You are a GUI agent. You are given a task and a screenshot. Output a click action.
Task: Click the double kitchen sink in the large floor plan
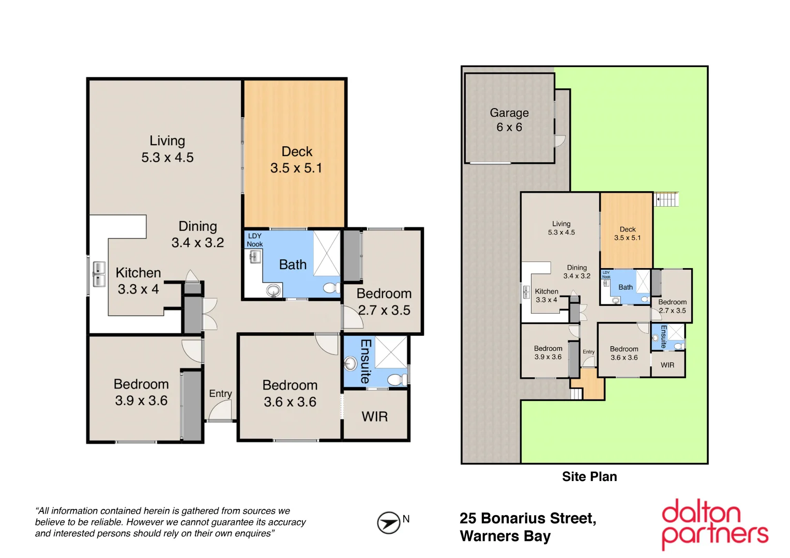(x=99, y=274)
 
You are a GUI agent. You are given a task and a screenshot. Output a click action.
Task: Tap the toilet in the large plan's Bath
(x=330, y=287)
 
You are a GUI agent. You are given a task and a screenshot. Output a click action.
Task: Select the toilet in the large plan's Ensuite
(x=397, y=380)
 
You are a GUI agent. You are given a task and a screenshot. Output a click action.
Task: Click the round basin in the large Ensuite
(x=351, y=364)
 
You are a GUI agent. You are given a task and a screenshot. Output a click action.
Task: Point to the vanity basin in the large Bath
(x=274, y=291)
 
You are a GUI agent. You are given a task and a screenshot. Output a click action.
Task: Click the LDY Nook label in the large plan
(x=254, y=240)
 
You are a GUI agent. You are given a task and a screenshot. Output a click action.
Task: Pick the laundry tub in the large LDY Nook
(x=254, y=256)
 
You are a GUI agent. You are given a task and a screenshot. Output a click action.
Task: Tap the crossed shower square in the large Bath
(x=327, y=253)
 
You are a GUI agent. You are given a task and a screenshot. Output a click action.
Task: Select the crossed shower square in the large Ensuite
(x=391, y=351)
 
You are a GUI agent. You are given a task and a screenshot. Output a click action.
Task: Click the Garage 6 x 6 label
(x=509, y=120)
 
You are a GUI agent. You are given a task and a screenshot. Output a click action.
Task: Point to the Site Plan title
(x=589, y=476)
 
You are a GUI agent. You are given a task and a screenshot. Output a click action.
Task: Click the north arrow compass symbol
(x=388, y=522)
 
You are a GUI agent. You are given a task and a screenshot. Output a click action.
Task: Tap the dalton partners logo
(x=715, y=524)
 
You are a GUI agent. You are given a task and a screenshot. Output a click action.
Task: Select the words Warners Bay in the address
(x=505, y=536)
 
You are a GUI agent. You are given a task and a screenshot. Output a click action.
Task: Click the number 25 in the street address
(x=468, y=518)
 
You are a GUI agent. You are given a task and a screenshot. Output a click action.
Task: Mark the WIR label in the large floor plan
(x=375, y=416)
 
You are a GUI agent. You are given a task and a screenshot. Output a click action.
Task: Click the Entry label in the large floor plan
(x=220, y=394)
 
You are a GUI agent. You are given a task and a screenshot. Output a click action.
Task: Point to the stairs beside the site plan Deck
(x=666, y=199)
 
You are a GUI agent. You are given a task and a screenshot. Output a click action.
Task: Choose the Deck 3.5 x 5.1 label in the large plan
(x=297, y=160)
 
